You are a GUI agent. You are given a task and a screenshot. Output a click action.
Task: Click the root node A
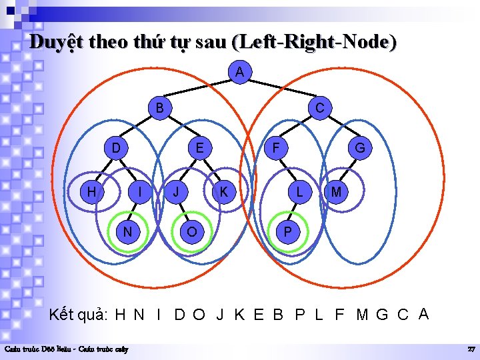[239, 71]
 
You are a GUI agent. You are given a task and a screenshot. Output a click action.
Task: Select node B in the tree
[159, 107]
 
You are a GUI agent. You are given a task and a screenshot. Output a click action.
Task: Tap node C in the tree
[320, 107]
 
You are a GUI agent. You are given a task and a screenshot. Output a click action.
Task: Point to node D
[116, 147]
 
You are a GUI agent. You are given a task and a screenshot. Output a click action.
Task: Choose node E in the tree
[199, 147]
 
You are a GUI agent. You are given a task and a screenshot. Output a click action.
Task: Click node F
[274, 147]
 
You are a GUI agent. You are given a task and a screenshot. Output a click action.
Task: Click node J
[176, 192]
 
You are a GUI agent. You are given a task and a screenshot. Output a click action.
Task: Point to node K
[224, 192]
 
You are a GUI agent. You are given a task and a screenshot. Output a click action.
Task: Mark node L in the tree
[301, 192]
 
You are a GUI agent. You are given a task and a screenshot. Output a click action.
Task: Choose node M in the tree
[337, 192]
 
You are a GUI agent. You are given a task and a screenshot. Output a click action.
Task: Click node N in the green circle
[125, 231]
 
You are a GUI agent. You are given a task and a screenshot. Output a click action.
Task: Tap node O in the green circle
[192, 231]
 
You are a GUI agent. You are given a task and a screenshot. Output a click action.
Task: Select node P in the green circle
[287, 231]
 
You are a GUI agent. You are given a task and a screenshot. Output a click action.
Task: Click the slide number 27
[471, 349]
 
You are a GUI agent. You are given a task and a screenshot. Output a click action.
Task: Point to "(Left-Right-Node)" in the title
[314, 42]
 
